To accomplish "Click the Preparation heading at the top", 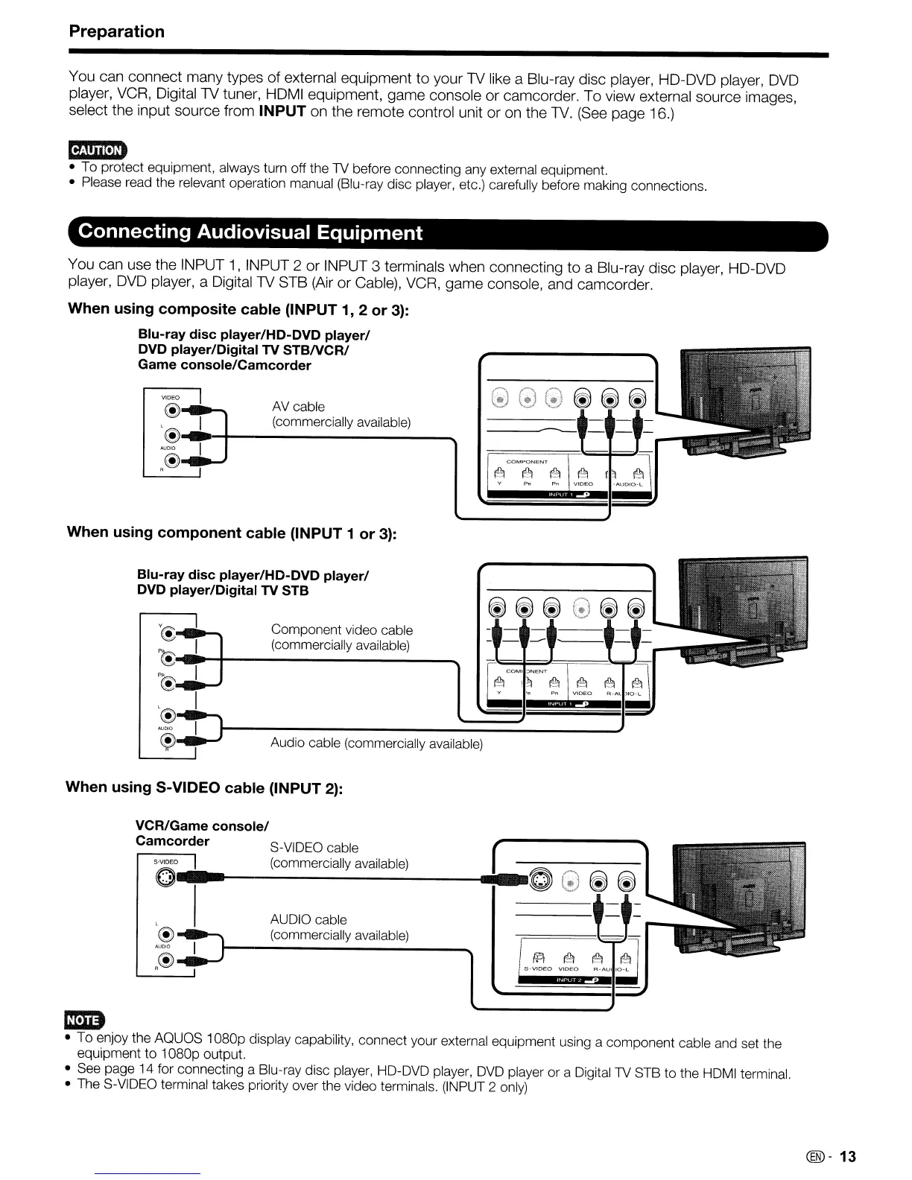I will tap(116, 31).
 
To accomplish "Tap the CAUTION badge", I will tap(97, 150).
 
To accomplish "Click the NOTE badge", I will tap(86, 1019).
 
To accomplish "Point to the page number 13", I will tap(848, 1157).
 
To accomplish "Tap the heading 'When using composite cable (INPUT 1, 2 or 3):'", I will tap(238, 308).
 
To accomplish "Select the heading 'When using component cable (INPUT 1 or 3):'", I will tap(232, 532).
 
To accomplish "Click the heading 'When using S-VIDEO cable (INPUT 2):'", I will tap(204, 787).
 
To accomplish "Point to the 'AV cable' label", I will tap(298, 407).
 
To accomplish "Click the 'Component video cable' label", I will tap(341, 630).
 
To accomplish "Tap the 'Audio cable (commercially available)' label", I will tap(376, 743).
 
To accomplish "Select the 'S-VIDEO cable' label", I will tap(314, 848).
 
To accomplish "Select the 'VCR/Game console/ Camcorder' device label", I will tap(201, 833).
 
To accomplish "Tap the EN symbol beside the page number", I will tap(815, 1157).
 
